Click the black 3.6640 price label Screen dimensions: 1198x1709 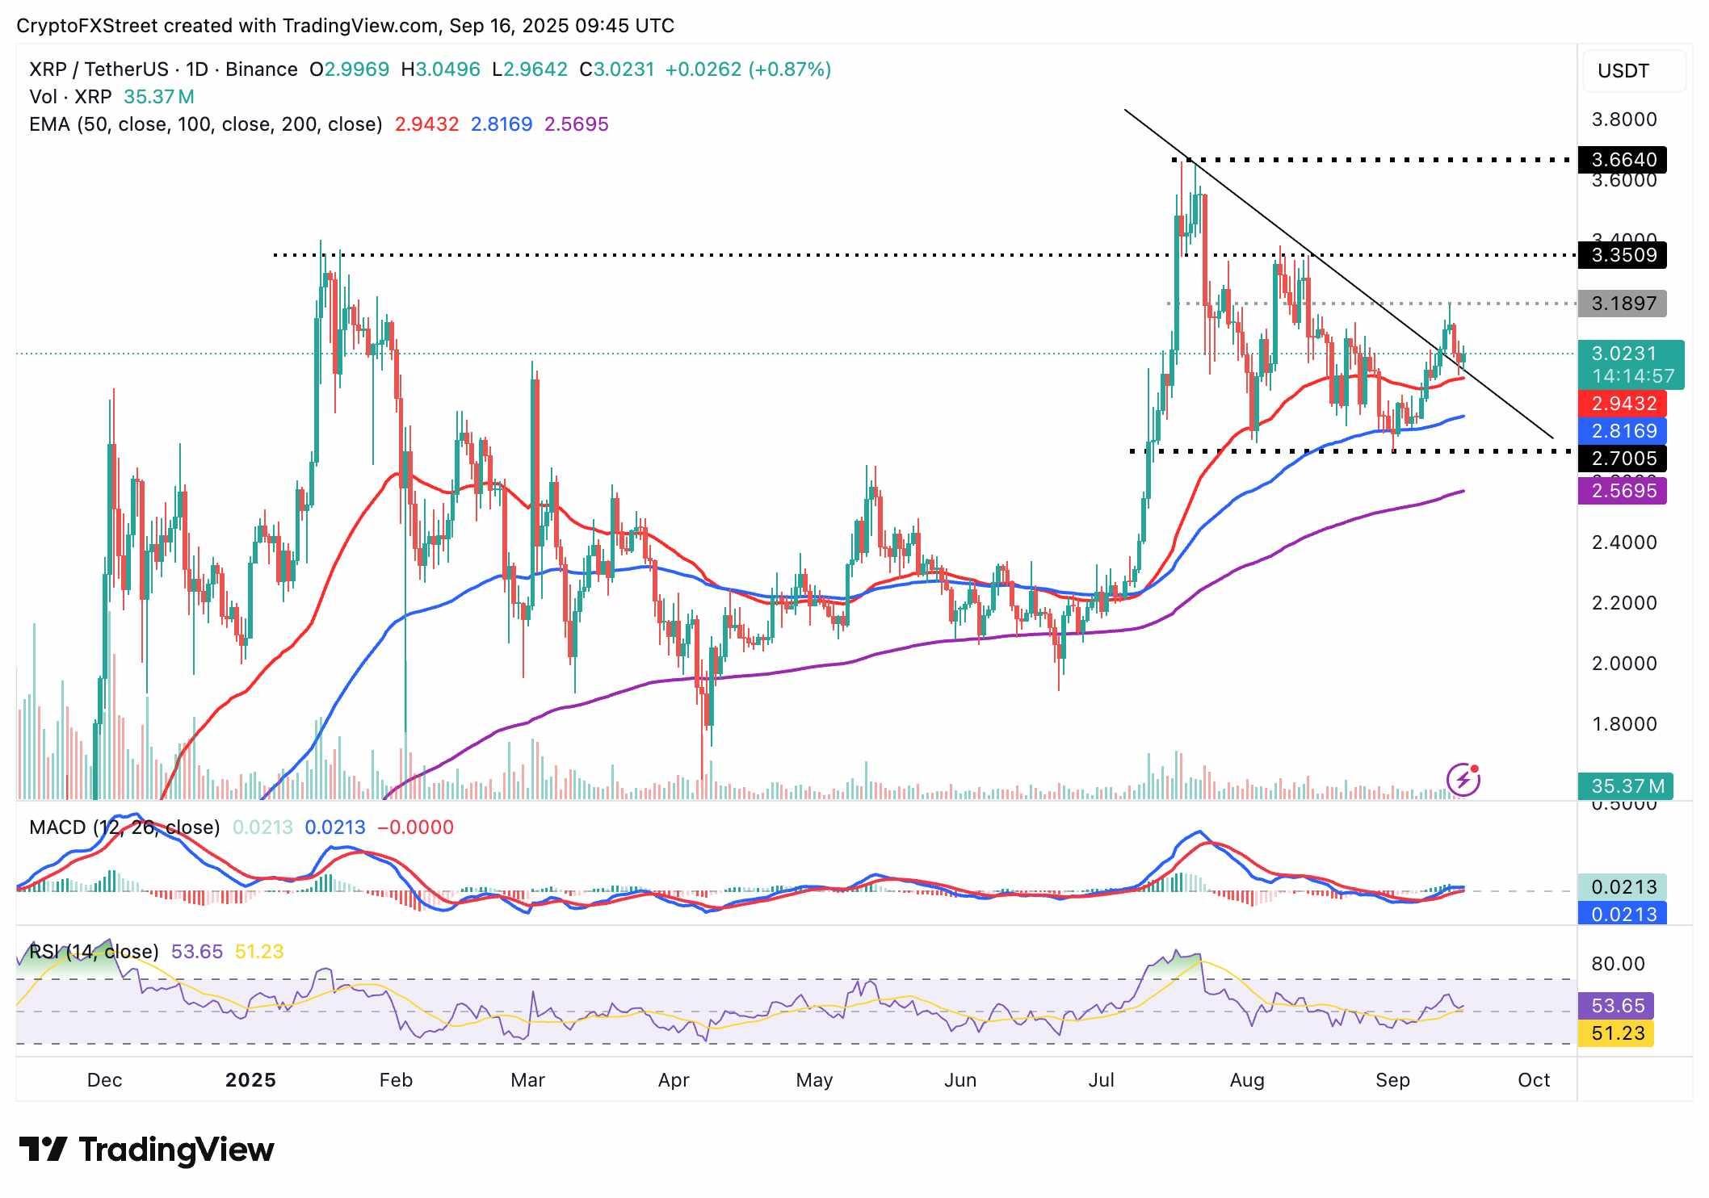(x=1622, y=160)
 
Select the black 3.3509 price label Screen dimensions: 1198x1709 (x=1622, y=255)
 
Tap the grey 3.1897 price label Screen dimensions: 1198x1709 (x=1622, y=304)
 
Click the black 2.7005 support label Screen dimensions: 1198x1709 (x=1622, y=459)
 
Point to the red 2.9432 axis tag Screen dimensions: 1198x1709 (x=1622, y=404)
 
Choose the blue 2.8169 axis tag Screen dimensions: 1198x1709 (x=1622, y=431)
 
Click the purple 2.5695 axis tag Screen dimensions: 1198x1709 (x=1622, y=491)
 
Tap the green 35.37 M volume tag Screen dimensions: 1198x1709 (x=1626, y=786)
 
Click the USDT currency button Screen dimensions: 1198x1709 (x=1623, y=71)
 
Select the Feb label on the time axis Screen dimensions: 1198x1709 (x=396, y=1080)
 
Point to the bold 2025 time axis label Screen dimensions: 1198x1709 (x=250, y=1080)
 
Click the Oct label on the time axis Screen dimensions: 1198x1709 (x=1534, y=1080)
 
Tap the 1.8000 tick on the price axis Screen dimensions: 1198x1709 (x=1623, y=724)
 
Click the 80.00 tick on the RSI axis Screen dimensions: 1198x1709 (x=1618, y=964)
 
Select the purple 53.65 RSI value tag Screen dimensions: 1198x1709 (x=1617, y=1006)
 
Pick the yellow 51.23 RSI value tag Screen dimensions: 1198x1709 (x=1617, y=1033)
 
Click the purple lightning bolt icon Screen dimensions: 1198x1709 (x=1463, y=780)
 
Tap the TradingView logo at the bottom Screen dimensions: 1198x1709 (x=147, y=1150)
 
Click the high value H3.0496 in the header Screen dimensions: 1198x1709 (x=441, y=69)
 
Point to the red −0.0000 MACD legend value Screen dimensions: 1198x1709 (x=415, y=827)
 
